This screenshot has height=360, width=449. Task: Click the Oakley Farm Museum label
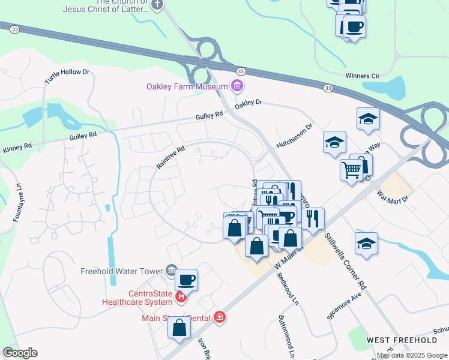pyautogui.click(x=187, y=86)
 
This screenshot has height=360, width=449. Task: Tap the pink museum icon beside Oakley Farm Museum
pyautogui.click(x=237, y=86)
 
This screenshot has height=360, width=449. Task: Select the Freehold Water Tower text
pyautogui.click(x=122, y=271)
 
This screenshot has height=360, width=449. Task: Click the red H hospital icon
pyautogui.click(x=181, y=295)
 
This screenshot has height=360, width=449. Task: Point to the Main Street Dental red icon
pyautogui.click(x=220, y=317)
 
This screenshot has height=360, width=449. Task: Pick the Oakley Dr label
pyautogui.click(x=249, y=103)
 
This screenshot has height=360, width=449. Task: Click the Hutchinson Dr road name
pyautogui.click(x=295, y=136)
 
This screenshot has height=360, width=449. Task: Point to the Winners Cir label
pyautogui.click(x=364, y=76)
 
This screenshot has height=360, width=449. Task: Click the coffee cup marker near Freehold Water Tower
pyautogui.click(x=186, y=280)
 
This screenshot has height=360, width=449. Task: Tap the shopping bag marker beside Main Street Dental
pyautogui.click(x=179, y=328)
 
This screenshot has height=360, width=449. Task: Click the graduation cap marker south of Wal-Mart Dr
pyautogui.click(x=366, y=244)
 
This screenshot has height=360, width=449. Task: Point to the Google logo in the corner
pyautogui.click(x=20, y=353)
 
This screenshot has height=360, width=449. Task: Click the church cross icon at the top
pyautogui.click(x=157, y=5)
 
